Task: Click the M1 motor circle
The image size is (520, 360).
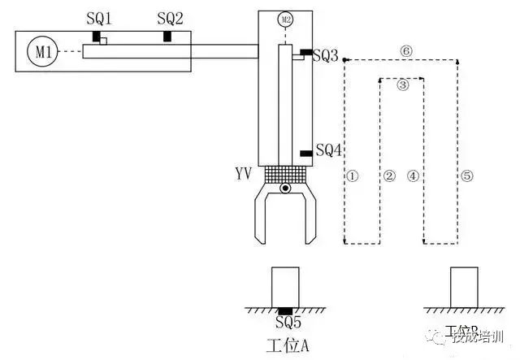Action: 42,52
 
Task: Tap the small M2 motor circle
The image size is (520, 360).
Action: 284,19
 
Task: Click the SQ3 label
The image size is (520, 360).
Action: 325,55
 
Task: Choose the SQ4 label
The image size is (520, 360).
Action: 329,150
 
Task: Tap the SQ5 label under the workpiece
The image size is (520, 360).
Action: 284,324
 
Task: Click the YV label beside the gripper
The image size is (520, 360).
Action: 242,173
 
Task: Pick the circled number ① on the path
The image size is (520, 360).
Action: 352,176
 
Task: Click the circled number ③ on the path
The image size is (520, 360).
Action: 402,84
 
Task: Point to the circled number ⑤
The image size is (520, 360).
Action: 466,176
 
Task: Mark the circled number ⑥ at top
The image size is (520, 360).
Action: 406,50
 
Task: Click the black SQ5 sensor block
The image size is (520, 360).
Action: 285,311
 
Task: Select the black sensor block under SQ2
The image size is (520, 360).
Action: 168,37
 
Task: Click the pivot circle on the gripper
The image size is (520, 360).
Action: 284,189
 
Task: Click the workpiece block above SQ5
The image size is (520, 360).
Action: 285,287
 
